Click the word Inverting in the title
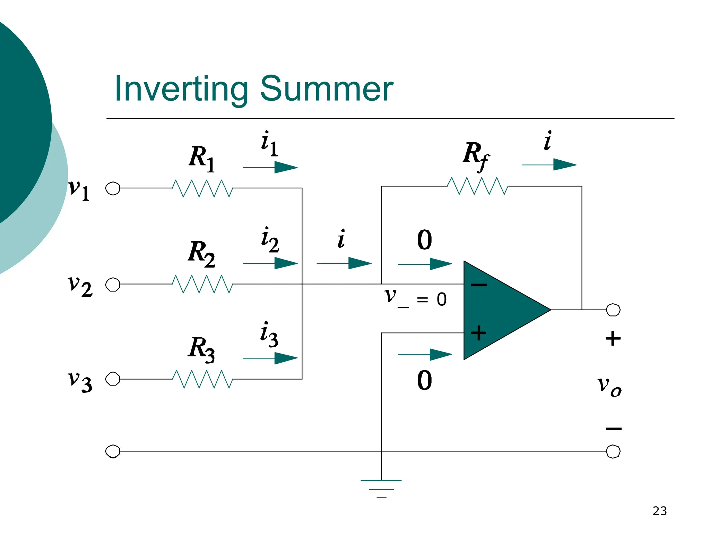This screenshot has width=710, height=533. [x=181, y=89]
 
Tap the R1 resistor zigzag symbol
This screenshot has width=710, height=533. [x=202, y=188]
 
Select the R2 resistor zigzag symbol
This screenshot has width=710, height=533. [x=202, y=284]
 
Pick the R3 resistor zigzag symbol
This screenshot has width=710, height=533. [x=202, y=379]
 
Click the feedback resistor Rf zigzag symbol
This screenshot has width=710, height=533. [x=477, y=186]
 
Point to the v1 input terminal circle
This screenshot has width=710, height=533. [x=113, y=188]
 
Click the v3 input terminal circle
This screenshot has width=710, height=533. [x=113, y=379]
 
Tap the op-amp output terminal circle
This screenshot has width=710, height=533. [x=613, y=310]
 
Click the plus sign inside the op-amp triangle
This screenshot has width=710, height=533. [x=478, y=333]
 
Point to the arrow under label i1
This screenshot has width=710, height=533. [x=270, y=168]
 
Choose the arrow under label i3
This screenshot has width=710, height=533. [x=270, y=358]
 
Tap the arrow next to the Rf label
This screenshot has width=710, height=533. [x=549, y=165]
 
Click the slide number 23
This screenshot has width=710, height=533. [x=659, y=511]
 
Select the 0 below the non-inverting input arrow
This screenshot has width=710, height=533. [x=424, y=380]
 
